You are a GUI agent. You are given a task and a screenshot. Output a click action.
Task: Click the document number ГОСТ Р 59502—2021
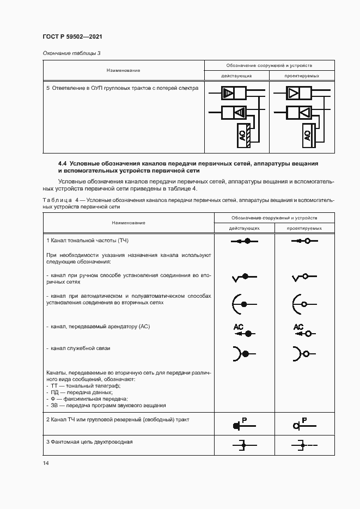pos(72,36)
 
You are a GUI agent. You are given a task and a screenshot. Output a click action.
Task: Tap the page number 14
pos(46,463)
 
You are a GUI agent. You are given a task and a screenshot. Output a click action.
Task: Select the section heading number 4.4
pos(63,163)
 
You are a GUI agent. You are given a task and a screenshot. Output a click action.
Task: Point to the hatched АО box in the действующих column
pos(243,136)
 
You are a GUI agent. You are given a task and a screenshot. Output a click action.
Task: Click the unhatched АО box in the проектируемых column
pos(307,136)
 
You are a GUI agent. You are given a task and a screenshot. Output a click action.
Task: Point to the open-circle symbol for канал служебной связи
pos(301,354)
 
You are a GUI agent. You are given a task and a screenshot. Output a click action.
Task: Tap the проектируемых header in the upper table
pos(302,76)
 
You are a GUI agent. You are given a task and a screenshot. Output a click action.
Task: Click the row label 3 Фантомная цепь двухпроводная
pos(89,441)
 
